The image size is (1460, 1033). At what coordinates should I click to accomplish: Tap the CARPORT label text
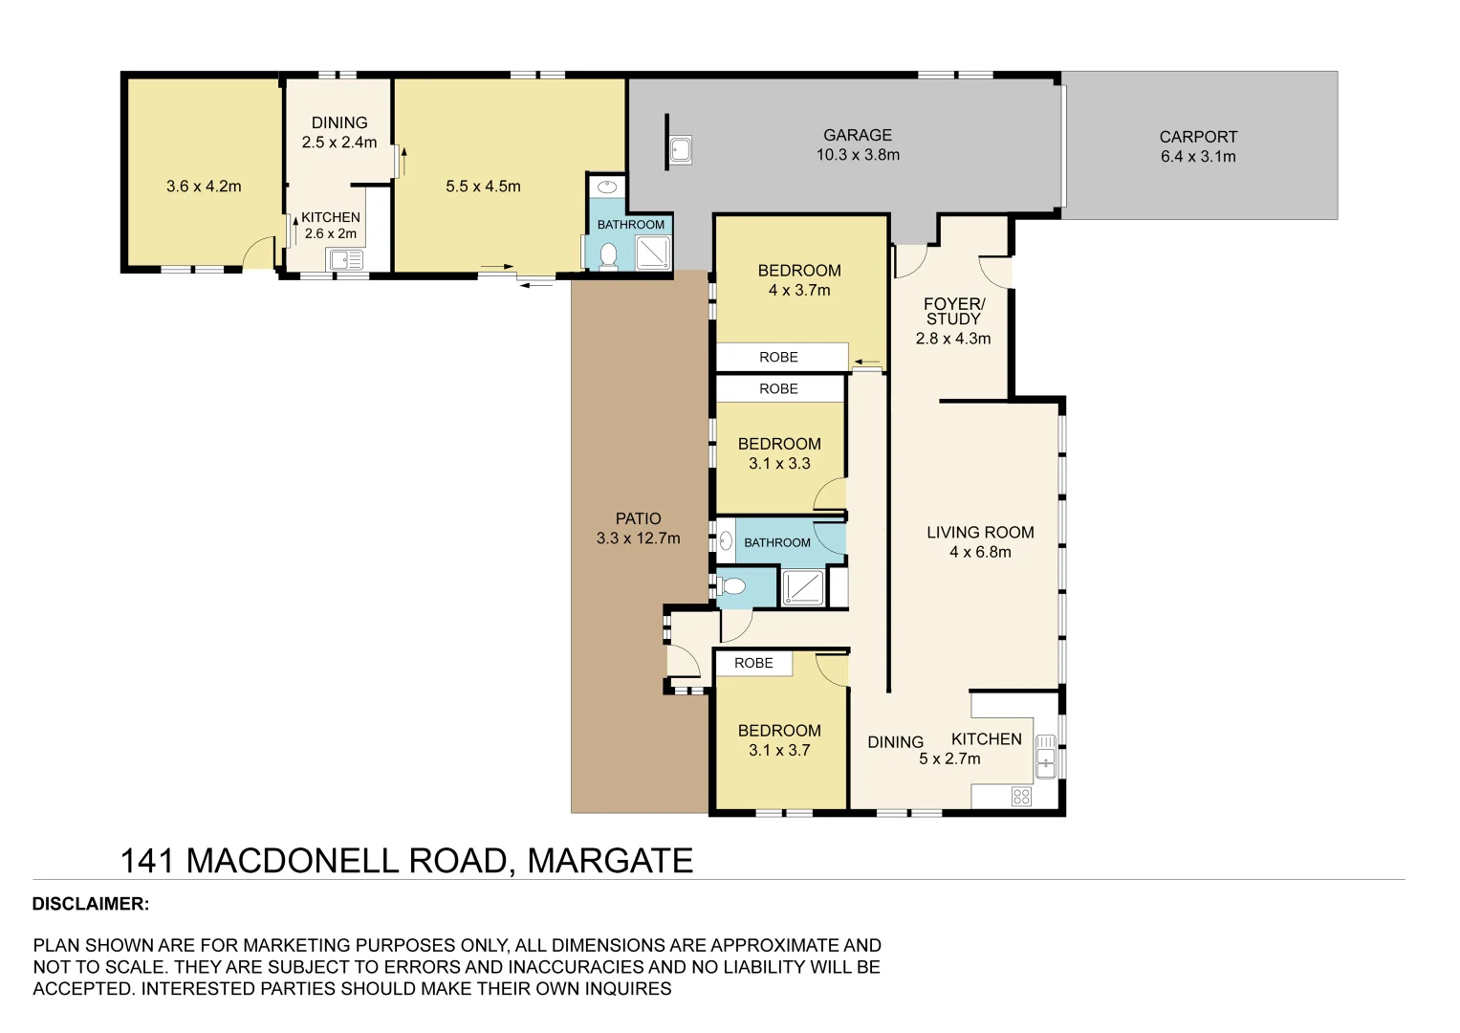coord(1198,137)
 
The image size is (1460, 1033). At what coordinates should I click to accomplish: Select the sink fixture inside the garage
coord(680,150)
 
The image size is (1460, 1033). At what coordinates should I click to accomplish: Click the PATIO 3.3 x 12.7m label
coord(638,528)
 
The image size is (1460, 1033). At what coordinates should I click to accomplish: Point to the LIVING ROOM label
coord(980,533)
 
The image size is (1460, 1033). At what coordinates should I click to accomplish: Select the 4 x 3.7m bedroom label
coord(799,290)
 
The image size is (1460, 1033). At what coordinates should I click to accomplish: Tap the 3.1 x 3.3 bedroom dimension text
coord(779,464)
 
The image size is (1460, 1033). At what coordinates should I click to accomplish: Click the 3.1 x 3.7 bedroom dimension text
coord(779,751)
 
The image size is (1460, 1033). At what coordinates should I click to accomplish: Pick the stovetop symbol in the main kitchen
coord(1021,797)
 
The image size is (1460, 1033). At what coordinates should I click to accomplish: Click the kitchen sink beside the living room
coord(1045,757)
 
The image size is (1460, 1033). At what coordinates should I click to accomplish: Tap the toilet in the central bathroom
coord(732,585)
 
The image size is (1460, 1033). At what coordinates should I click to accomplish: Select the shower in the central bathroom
coord(802,587)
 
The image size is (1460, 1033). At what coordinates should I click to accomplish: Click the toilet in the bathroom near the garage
coord(608,255)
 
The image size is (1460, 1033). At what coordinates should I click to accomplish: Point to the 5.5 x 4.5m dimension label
coord(483,187)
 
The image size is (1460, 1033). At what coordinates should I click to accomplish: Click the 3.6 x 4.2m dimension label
coord(204,187)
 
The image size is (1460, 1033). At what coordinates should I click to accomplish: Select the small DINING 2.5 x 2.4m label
coord(339,132)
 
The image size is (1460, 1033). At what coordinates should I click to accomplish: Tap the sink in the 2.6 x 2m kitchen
coord(345,259)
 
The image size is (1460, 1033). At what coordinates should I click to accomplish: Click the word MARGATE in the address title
coord(610,861)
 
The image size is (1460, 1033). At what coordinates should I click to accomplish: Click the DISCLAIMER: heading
coord(91,904)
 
